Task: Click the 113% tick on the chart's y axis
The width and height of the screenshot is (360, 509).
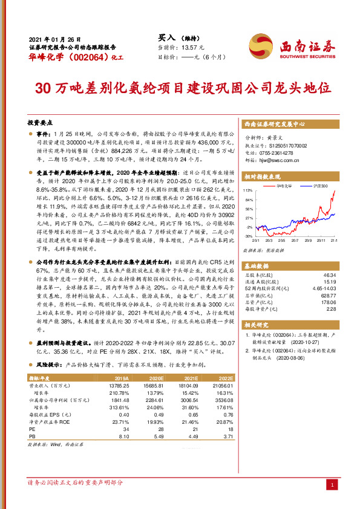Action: point(248,190)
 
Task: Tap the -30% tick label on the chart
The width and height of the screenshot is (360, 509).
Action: point(248,236)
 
